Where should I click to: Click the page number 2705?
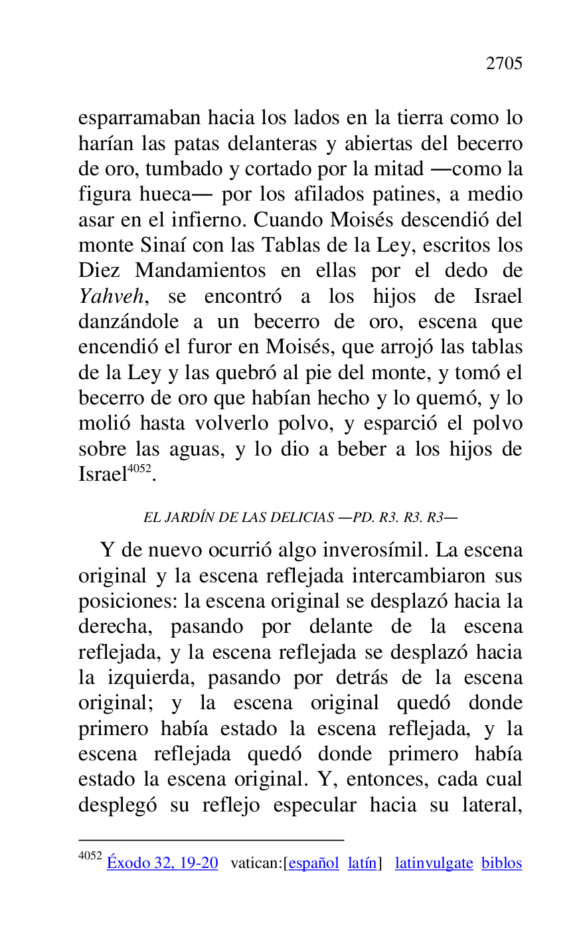[x=504, y=64]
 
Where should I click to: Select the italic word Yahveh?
[x=110, y=297]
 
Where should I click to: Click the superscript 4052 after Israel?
[x=139, y=469]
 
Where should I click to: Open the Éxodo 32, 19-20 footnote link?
[x=162, y=863]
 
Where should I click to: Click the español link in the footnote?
[x=313, y=863]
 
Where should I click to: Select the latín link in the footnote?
[x=362, y=863]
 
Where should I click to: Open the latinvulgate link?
[x=434, y=863]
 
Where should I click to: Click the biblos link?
[x=502, y=863]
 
